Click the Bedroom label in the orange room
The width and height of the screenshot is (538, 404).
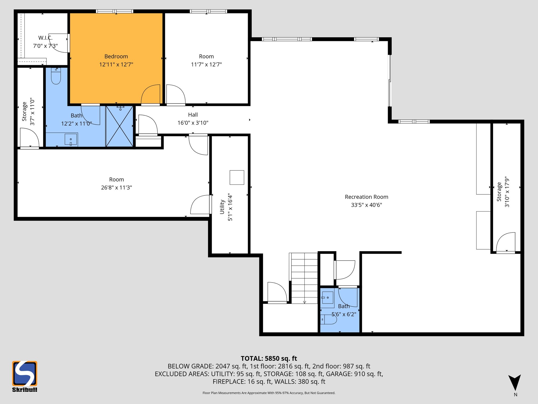pos(116,56)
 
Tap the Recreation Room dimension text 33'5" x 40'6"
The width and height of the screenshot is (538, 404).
pos(366,205)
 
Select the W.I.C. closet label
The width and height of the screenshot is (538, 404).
pos(45,38)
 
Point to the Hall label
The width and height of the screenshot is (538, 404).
pos(193,115)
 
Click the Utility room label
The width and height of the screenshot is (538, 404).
pos(222,207)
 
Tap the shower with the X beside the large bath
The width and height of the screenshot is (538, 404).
pos(120,126)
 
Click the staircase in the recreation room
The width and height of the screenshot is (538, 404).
pos(304,278)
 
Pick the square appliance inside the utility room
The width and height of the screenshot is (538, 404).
pos(237,178)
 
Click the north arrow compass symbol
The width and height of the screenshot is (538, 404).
pos(515,383)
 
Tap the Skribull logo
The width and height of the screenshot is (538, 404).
pos(25,376)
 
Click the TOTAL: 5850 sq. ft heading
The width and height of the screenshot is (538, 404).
pos(269,358)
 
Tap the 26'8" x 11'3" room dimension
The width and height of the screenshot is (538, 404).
pos(116,188)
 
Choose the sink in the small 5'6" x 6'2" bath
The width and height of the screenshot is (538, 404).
pos(327,297)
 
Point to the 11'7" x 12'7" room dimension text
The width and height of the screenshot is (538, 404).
pos(206,64)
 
